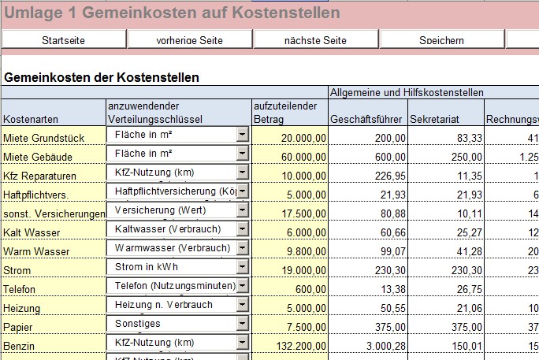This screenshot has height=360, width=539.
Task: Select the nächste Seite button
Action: [317, 40]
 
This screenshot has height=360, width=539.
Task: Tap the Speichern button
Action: [441, 40]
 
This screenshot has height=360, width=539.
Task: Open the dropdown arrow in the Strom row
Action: [242, 268]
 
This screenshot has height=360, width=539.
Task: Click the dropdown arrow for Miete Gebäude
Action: [242, 154]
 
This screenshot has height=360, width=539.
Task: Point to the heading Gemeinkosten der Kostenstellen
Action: [102, 78]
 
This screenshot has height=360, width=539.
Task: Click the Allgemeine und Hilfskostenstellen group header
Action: [407, 93]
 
